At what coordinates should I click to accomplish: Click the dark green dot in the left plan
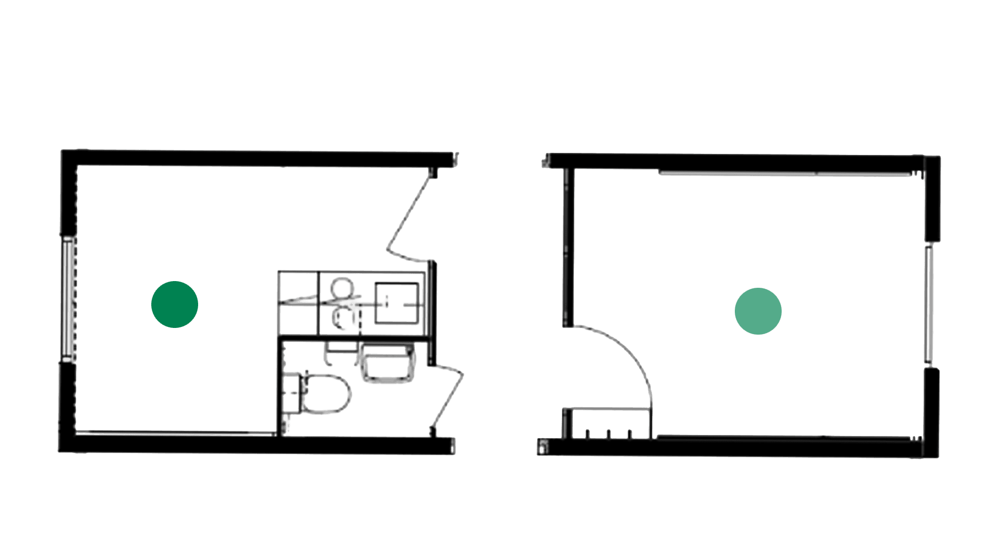[174, 304]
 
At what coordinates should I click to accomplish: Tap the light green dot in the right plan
[758, 311]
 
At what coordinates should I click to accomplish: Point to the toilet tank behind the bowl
[291, 394]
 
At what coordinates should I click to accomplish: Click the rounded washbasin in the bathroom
[387, 364]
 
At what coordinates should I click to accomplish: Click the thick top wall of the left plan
[257, 158]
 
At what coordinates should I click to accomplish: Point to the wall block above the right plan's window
[932, 201]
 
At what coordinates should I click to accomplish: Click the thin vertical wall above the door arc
[568, 247]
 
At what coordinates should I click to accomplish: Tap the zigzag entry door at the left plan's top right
[409, 216]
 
